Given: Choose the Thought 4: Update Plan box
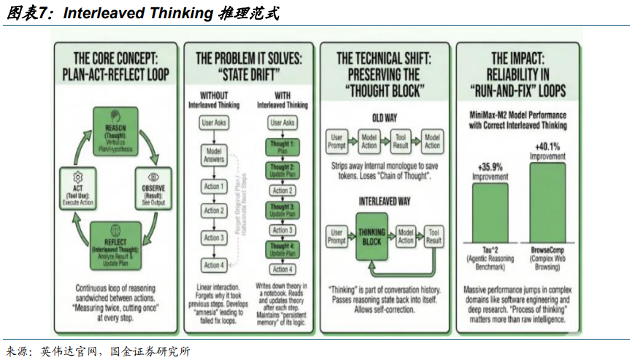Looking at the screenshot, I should point(283,250).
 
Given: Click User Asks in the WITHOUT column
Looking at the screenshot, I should point(213,123).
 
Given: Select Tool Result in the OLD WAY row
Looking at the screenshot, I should point(401,141).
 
